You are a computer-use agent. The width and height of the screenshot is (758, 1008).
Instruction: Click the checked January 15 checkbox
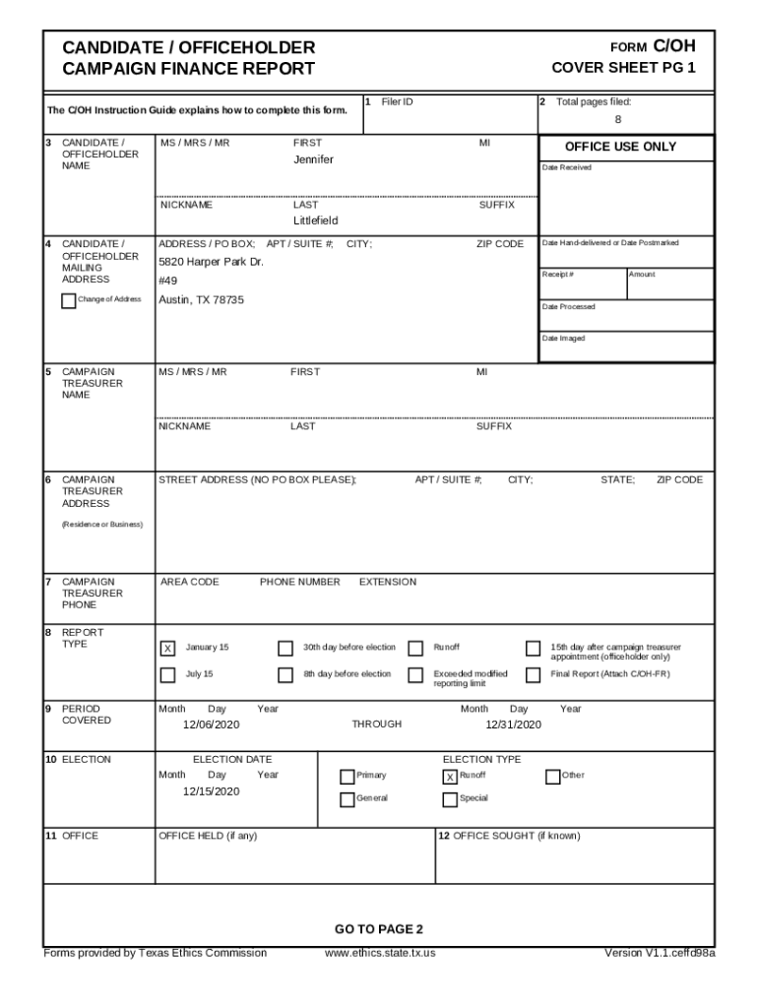pos(167,649)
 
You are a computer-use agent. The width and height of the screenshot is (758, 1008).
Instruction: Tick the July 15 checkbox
pos(167,675)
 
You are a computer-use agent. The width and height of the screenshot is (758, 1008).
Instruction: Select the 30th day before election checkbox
pos(285,649)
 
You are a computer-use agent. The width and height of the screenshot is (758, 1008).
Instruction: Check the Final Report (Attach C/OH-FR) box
pos(533,675)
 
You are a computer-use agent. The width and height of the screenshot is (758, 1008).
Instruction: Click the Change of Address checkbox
pos(68,300)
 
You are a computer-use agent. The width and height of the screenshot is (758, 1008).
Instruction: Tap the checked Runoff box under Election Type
pos(450,777)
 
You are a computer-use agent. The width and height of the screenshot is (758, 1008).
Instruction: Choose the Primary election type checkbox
pos(347,777)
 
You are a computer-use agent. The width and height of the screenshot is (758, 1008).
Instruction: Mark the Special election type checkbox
pos(450,799)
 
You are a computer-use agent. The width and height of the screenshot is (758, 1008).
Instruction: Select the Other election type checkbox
pos(552,777)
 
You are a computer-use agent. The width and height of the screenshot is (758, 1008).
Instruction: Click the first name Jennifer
pos(313,159)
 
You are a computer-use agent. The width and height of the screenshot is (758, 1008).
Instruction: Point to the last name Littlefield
pos(315,221)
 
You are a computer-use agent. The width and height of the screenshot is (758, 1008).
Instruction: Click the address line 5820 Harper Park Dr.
pos(211,263)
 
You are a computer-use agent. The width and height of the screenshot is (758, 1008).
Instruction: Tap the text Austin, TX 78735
pos(201,300)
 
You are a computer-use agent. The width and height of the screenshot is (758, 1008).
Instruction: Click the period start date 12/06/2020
pos(211,724)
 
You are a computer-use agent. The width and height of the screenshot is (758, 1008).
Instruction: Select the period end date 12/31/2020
pos(513,724)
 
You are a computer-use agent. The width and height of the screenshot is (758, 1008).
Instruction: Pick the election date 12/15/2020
pos(211,791)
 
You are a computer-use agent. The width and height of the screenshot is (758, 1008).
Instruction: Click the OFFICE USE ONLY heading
pos(620,147)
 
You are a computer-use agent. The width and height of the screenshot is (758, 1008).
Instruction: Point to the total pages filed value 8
pos(618,120)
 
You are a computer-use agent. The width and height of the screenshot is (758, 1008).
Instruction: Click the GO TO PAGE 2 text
pos(378,929)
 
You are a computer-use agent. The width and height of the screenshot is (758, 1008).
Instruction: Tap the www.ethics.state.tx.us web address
pos(380,953)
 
